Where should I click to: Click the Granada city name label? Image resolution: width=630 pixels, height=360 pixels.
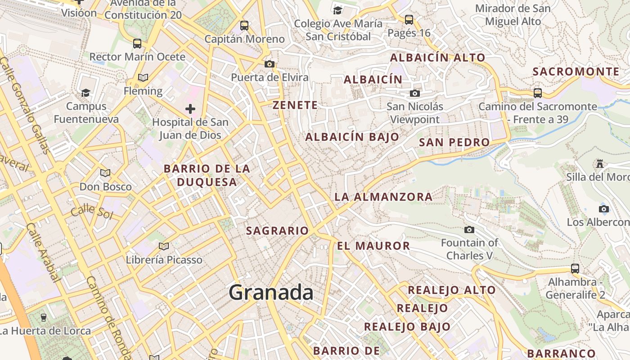pyautogui.click(x=271, y=293)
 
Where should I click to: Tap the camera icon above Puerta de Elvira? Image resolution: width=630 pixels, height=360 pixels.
pyautogui.click(x=270, y=64)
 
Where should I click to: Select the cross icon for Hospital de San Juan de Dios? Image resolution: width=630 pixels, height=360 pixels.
pyautogui.click(x=190, y=108)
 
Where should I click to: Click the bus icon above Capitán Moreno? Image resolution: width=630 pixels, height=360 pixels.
pyautogui.click(x=244, y=26)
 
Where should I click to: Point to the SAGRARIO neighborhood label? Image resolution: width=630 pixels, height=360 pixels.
pyautogui.click(x=277, y=231)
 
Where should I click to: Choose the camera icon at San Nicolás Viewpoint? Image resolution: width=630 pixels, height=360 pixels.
pyautogui.click(x=415, y=93)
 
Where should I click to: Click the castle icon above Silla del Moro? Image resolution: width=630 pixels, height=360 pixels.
pyautogui.click(x=599, y=163)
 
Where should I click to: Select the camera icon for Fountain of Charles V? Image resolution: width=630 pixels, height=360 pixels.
pyautogui.click(x=469, y=229)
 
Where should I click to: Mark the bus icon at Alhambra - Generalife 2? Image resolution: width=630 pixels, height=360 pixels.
pyautogui.click(x=575, y=269)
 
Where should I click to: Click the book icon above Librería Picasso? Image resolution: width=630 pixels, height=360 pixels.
pyautogui.click(x=164, y=246)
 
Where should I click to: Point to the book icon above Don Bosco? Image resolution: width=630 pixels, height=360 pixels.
pyautogui.click(x=105, y=173)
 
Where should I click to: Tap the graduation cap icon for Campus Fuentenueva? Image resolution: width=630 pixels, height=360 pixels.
pyautogui.click(x=85, y=93)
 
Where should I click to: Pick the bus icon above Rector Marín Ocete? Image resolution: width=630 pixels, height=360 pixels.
pyautogui.click(x=137, y=44)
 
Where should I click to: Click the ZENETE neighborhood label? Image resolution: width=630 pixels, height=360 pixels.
pyautogui.click(x=295, y=105)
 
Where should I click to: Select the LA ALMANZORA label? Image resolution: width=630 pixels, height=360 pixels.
pyautogui.click(x=383, y=197)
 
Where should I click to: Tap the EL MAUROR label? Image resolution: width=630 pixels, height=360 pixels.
pyautogui.click(x=373, y=246)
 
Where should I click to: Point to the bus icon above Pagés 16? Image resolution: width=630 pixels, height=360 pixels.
pyautogui.click(x=409, y=19)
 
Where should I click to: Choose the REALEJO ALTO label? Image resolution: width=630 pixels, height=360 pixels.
pyautogui.click(x=451, y=290)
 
